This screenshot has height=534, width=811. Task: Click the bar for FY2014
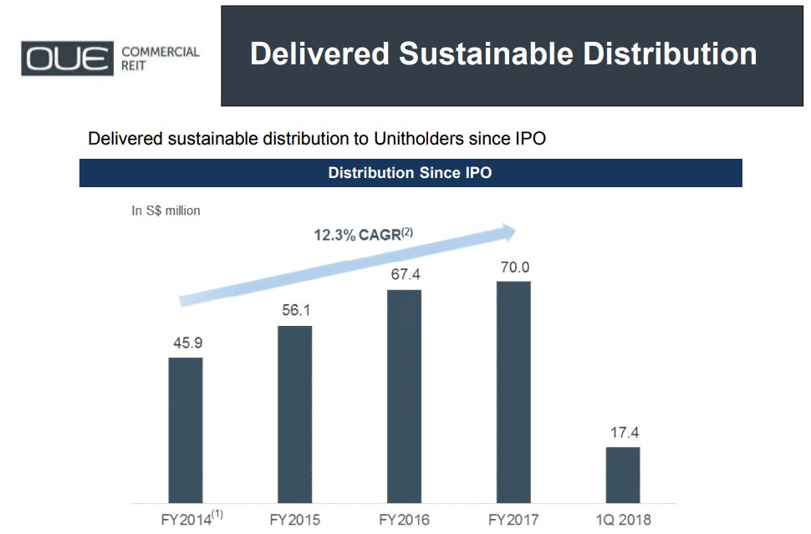pyautogui.click(x=186, y=430)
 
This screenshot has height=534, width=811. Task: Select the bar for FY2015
pyautogui.click(x=295, y=414)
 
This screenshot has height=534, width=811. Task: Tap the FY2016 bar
pyautogui.click(x=404, y=396)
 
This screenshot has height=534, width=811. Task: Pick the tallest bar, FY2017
pyautogui.click(x=513, y=393)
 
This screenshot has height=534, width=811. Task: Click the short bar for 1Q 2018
pyautogui.click(x=623, y=475)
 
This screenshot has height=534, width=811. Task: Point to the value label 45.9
pyautogui.click(x=188, y=343)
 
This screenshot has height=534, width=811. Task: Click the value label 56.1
pyautogui.click(x=296, y=310)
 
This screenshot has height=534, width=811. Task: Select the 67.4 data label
pyautogui.click(x=405, y=274)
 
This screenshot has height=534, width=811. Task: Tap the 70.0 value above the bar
pyautogui.click(x=515, y=267)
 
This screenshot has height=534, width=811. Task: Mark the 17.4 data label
pyautogui.click(x=625, y=432)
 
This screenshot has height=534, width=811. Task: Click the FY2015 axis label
pyautogui.click(x=295, y=520)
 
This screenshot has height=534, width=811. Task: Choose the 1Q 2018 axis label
pyautogui.click(x=623, y=520)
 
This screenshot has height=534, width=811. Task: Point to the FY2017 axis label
pyautogui.click(x=513, y=520)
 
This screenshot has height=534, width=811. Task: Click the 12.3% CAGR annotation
pyautogui.click(x=364, y=234)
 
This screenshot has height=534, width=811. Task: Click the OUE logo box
pyautogui.click(x=67, y=58)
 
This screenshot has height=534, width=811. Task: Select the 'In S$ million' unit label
pyautogui.click(x=166, y=211)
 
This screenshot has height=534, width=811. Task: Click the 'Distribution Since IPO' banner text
pyautogui.click(x=411, y=173)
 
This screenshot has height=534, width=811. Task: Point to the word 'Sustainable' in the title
pyautogui.click(x=487, y=53)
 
